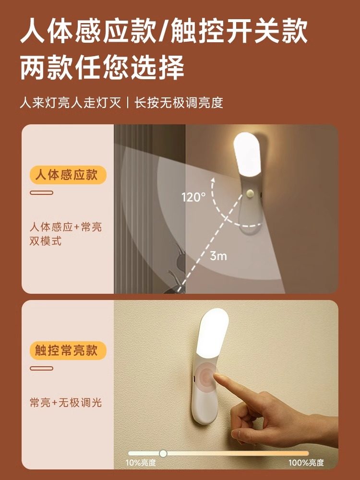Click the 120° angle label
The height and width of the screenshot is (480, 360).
click(193, 197)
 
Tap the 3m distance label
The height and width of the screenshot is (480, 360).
click(218, 256)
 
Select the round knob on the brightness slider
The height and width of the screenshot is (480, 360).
click(163, 453)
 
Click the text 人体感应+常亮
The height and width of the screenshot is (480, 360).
click(65, 227)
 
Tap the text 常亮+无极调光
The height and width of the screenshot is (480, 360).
click(65, 403)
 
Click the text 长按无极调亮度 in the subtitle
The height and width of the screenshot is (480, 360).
click(179, 103)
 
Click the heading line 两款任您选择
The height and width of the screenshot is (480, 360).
click(102, 69)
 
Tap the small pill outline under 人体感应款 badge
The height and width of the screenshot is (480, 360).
click(41, 193)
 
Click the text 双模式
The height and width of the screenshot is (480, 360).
click(46, 241)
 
